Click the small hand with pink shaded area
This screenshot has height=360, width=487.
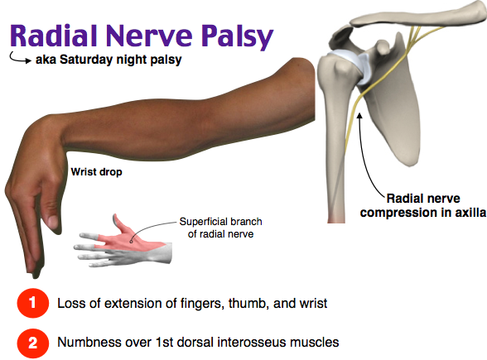[124, 240]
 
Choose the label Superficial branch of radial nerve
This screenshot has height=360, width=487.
[215, 228]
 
